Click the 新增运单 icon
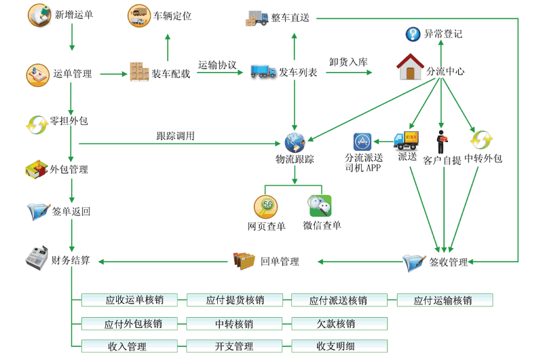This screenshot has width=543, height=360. [x=39, y=15]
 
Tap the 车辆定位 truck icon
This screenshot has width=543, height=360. [x=139, y=16]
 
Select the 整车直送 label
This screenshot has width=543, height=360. [x=290, y=18]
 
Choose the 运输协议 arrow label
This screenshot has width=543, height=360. [x=217, y=65]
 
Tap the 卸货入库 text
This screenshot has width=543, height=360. [x=348, y=62]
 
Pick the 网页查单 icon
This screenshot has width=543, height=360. [x=265, y=205]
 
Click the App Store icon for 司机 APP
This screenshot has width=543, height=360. [x=362, y=142]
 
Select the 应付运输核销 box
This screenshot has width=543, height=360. [x=445, y=300]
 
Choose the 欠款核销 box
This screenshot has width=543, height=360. [x=339, y=323]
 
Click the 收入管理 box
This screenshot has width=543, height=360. [x=128, y=346]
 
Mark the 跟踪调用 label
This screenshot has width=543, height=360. [x=175, y=136]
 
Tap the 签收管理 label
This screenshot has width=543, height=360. [x=449, y=262]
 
